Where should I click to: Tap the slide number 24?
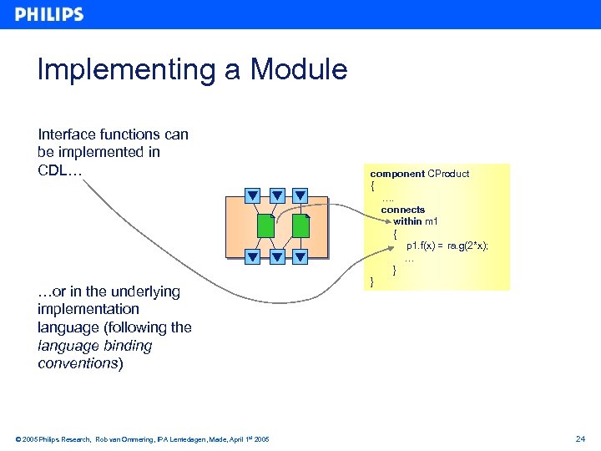pos(580,438)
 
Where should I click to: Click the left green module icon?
pos(265,225)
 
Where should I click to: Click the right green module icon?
pos(301,225)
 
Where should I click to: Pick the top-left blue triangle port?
pos(252,196)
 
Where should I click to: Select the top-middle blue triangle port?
pos(277,196)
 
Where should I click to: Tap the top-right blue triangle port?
pos(300,196)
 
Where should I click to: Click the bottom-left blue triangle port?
pos(252,256)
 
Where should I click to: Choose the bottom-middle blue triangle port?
pos(277,256)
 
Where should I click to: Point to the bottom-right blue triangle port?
pos(300,256)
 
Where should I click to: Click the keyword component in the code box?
pos(397,174)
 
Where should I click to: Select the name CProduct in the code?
pos(448,174)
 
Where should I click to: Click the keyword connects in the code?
pos(403,210)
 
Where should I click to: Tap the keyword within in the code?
pos(408,221)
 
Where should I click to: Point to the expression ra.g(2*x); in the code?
pos(468,246)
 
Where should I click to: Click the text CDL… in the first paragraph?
pos(59,170)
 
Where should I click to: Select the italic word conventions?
pos(78,363)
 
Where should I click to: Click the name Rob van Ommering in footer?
pos(125,439)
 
